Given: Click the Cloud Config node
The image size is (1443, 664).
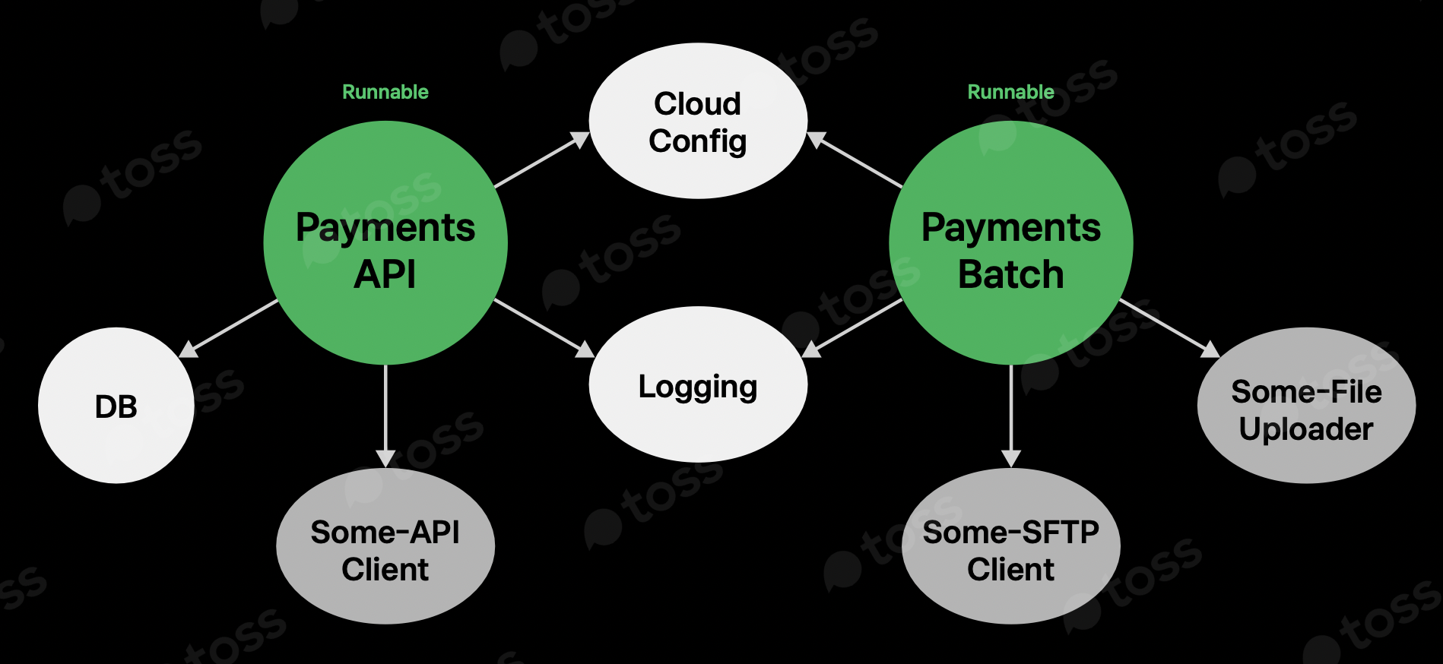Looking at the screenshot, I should tap(698, 122).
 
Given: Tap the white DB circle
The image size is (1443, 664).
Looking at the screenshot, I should tap(116, 406).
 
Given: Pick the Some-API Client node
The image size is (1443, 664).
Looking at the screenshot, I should tap(385, 547).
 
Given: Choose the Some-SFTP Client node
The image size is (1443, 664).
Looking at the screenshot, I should tap(1010, 547).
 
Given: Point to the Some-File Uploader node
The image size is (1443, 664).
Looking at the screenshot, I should tap(1306, 406).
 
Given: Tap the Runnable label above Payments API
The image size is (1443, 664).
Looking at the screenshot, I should tap(385, 92).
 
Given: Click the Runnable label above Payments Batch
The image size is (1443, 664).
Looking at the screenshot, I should tap(1010, 92).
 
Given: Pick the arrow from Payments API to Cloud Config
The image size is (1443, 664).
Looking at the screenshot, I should tap(541, 160).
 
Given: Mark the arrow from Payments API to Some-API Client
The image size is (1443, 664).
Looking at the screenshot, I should tap(385, 414).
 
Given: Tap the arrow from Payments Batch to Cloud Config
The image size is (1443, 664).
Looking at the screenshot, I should tap(855, 160).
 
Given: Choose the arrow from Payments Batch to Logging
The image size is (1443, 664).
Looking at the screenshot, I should tap(853, 327).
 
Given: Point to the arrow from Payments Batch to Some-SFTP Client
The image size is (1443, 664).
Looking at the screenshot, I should tap(1010, 414).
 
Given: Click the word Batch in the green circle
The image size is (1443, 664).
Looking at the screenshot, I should tap(1010, 274).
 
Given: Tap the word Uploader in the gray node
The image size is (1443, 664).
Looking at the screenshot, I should tap(1306, 429).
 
